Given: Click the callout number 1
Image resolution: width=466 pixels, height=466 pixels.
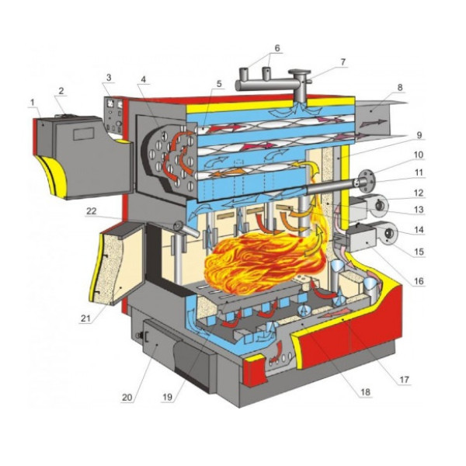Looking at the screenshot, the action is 32,103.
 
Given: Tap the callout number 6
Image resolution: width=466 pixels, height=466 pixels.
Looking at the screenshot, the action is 277,48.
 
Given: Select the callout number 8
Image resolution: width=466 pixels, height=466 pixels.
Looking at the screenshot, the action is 400,87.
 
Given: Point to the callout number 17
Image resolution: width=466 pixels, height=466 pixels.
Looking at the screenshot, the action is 404,380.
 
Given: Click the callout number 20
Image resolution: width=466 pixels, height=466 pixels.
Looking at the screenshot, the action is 127,398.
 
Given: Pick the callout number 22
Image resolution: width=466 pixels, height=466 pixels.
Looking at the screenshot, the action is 91,210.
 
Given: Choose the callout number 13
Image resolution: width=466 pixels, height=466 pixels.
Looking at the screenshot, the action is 419,210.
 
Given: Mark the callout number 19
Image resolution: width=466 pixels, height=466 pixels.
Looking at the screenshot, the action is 168,398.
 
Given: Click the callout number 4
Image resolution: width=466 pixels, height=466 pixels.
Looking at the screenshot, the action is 144,79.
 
